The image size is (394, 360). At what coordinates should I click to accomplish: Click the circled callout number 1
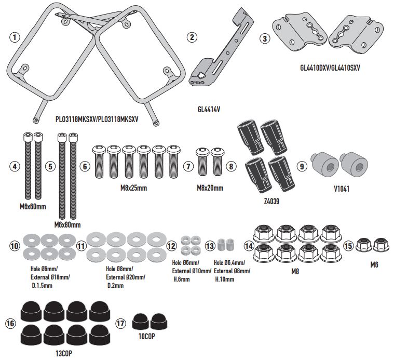pos(15,37)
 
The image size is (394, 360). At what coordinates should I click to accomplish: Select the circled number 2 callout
pos(192,37)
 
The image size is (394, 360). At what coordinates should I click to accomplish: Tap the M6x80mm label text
pos(67,225)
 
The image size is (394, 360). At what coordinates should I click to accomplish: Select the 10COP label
pos(148,336)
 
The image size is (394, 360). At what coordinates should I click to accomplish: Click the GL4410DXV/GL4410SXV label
pos(330,68)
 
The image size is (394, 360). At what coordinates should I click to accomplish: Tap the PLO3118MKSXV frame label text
pos(97,118)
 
